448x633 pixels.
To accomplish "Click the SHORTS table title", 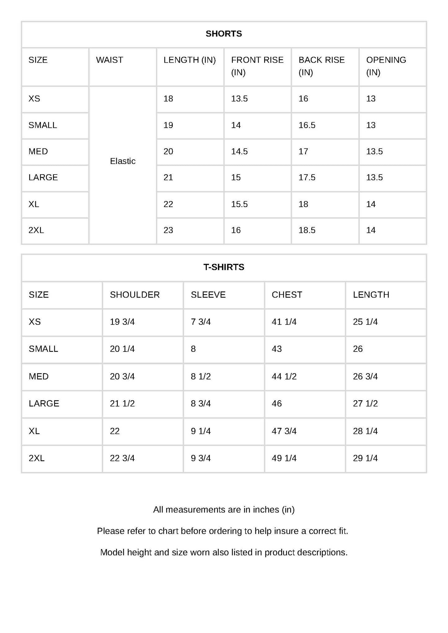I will [x=224, y=33].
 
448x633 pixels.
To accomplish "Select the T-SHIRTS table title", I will [x=224, y=267].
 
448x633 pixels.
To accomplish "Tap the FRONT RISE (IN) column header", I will [x=257, y=66].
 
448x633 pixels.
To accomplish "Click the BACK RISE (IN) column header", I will [x=321, y=66].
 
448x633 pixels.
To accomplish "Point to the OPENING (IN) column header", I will [x=386, y=66].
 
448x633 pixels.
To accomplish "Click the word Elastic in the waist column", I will [x=122, y=161].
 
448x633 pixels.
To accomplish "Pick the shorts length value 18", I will [x=168, y=99].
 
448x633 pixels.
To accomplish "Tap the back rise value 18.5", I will [x=307, y=230].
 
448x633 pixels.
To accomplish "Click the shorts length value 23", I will [x=168, y=230].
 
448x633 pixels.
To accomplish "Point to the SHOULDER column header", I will [x=135, y=294].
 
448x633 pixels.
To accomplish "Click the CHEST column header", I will [x=287, y=294].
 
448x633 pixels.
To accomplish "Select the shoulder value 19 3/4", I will [x=122, y=322].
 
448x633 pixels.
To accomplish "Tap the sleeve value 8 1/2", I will [x=201, y=376].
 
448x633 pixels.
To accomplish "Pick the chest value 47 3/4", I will [x=284, y=431].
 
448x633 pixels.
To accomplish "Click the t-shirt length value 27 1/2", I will [x=365, y=403].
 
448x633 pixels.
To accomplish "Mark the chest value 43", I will [x=277, y=349].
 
